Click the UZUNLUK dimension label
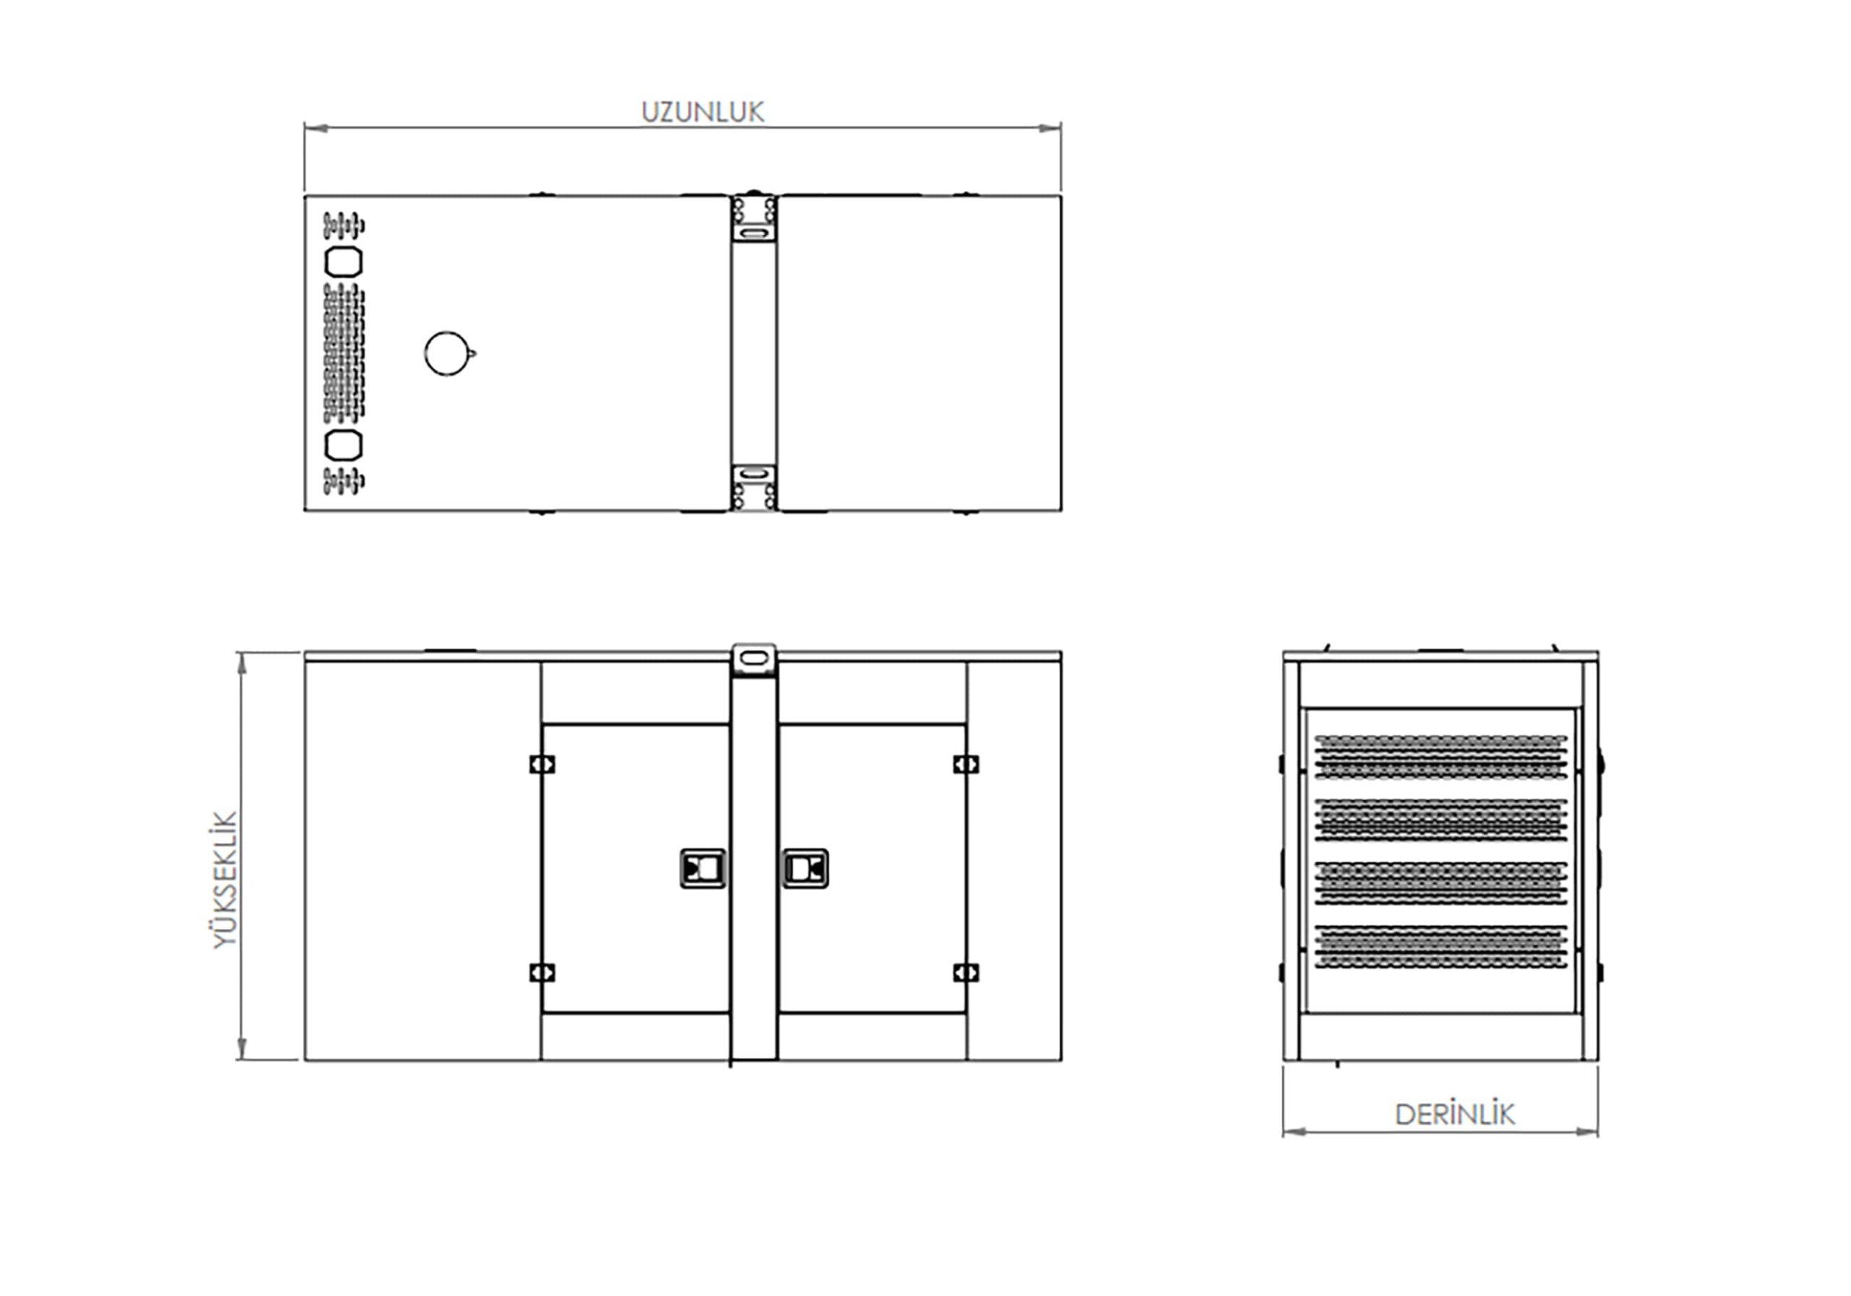pos(702,112)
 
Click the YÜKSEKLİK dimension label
pos(225,880)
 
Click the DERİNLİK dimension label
pos(1454,1115)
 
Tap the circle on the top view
pos(447,353)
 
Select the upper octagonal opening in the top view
pos(343,262)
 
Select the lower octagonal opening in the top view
pos(343,445)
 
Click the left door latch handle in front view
pos(703,868)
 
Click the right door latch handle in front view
pos(805,868)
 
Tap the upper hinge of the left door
pos(542,763)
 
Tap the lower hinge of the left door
pos(542,973)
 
